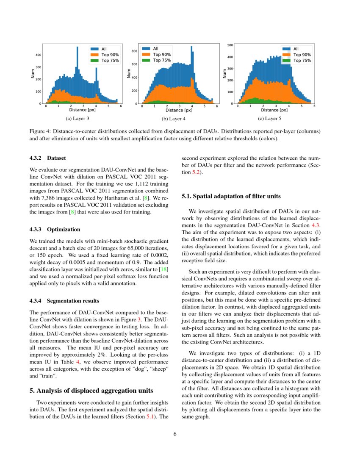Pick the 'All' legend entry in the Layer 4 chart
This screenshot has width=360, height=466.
(155, 48)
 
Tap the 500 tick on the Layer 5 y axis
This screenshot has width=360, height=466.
(230, 44)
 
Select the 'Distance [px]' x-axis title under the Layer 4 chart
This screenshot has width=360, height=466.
(180, 110)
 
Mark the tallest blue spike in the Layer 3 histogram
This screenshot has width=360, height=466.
(77, 48)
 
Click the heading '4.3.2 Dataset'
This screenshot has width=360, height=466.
(47, 158)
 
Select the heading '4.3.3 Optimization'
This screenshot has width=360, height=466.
(55, 230)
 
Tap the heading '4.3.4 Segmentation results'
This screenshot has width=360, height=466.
(64, 301)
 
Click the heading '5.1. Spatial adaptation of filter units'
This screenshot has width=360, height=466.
(231, 196)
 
